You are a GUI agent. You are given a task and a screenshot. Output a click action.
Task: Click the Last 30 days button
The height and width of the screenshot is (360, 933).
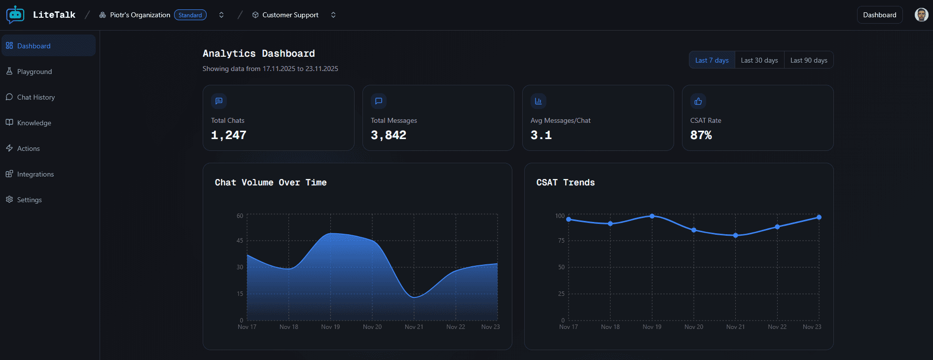[759, 60]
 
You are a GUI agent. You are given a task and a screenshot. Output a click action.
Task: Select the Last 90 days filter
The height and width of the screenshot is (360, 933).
[808, 60]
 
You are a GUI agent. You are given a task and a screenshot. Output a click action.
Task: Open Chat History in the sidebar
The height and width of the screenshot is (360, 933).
[36, 97]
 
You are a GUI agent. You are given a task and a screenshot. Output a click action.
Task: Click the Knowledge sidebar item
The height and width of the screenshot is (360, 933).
[34, 123]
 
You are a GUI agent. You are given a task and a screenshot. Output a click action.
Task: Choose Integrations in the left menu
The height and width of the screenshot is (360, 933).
[35, 174]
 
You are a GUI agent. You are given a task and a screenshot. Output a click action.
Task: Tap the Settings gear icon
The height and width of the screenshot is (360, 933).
[9, 199]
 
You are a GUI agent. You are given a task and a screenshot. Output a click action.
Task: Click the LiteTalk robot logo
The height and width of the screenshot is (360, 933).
[15, 15]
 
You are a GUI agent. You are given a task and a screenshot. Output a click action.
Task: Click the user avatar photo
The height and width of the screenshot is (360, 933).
[921, 15]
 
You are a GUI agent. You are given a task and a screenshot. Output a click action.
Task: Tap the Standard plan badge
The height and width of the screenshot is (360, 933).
[190, 15]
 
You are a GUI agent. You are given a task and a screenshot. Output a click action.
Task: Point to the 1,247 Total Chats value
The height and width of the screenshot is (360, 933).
[229, 135]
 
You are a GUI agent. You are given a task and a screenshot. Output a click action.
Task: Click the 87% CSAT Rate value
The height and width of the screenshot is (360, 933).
[701, 135]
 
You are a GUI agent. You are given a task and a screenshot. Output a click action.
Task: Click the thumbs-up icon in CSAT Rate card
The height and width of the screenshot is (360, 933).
[698, 101]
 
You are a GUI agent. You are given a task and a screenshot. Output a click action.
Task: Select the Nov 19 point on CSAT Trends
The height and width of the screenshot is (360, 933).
[652, 216]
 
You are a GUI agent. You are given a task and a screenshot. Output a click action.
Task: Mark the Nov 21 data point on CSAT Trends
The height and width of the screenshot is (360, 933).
[735, 235]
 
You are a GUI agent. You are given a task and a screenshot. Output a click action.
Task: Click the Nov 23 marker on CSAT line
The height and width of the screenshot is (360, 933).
[819, 217]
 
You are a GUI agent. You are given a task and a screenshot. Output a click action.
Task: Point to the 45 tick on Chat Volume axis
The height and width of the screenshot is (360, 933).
[240, 241]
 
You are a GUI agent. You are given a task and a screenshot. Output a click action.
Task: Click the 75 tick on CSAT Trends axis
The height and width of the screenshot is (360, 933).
[561, 241]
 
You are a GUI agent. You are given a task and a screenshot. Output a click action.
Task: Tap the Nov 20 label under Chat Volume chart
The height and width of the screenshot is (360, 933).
[372, 327]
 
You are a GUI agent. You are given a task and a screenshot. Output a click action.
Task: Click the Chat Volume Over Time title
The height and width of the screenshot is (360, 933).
[270, 182]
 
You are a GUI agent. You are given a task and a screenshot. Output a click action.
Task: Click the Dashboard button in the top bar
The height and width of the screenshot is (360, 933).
[879, 15]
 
